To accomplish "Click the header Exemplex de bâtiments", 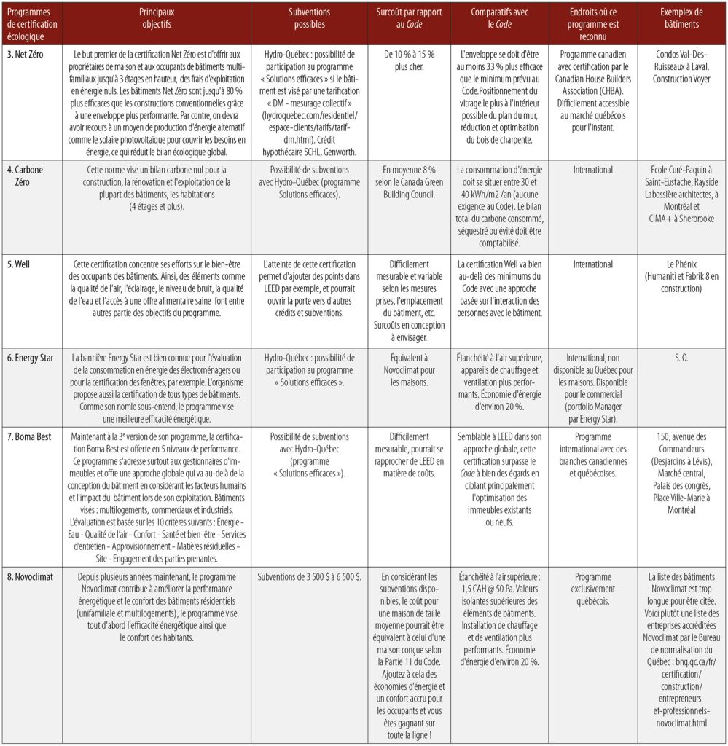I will [x=681, y=18].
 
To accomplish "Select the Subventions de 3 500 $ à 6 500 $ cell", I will [x=309, y=577].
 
